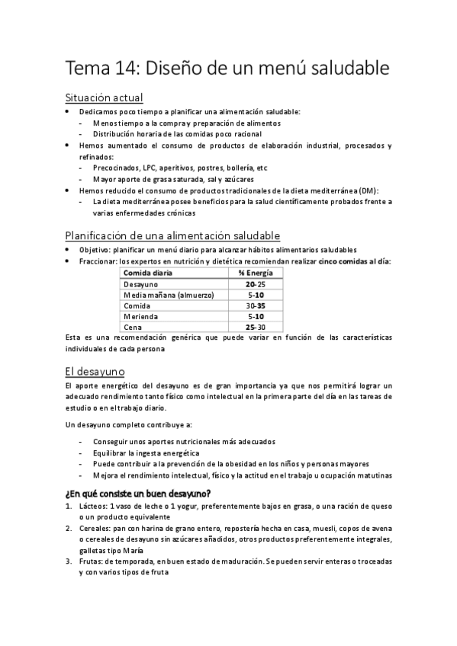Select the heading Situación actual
click(x=104, y=98)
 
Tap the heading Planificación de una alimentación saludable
click(x=172, y=235)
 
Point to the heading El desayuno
click(x=95, y=372)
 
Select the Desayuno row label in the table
click(x=141, y=283)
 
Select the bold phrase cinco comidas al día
click(x=353, y=261)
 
